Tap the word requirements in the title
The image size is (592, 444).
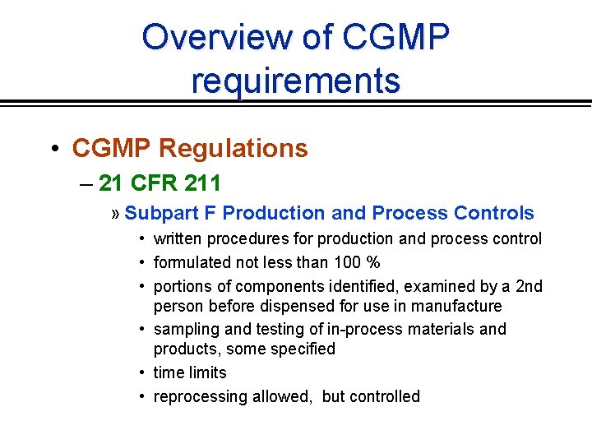(296, 81)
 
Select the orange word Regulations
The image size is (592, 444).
(233, 148)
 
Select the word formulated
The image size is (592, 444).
(191, 262)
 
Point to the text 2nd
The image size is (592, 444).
(529, 286)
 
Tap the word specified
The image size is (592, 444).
(299, 349)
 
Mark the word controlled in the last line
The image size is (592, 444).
(384, 396)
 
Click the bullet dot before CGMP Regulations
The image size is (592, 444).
(53, 149)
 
